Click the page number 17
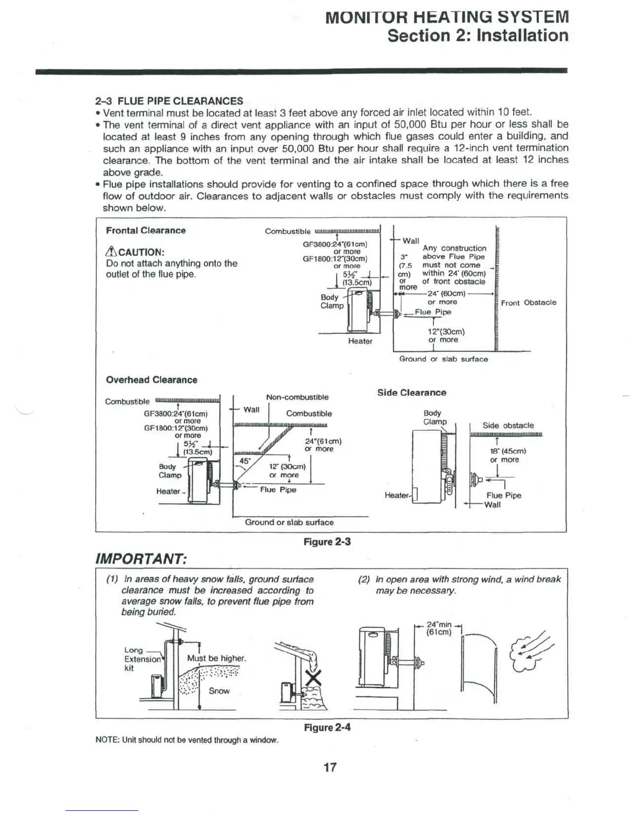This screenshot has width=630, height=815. pyautogui.click(x=329, y=767)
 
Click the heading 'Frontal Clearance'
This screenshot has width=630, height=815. pyautogui.click(x=146, y=231)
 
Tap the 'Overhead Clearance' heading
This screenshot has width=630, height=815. pyautogui.click(x=151, y=380)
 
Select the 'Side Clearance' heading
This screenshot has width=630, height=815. pyautogui.click(x=411, y=393)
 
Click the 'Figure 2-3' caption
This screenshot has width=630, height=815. pyautogui.click(x=327, y=542)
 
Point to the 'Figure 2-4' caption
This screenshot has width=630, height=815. pyautogui.click(x=327, y=728)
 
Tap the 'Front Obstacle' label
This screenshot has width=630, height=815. pyautogui.click(x=528, y=303)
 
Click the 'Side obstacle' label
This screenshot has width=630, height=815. pyautogui.click(x=507, y=426)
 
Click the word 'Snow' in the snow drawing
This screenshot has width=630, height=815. pyautogui.click(x=219, y=691)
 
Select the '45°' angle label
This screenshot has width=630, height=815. pyautogui.click(x=244, y=461)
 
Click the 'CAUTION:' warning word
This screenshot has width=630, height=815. pyautogui.click(x=141, y=252)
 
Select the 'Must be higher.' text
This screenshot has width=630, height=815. pyautogui.click(x=216, y=659)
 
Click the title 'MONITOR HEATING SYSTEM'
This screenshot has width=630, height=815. pyautogui.click(x=447, y=17)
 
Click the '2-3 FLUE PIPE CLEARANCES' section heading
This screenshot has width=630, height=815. pyautogui.click(x=169, y=101)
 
